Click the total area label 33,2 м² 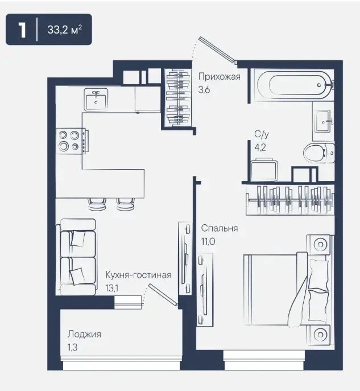tap(64, 30)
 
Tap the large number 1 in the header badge tap(22, 30)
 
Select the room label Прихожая tap(220, 77)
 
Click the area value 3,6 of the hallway tap(204, 89)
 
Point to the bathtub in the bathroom tap(295, 85)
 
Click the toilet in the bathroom tap(318, 153)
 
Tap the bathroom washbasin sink tap(324, 121)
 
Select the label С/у tap(262, 134)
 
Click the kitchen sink tap(96, 100)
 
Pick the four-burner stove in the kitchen tap(71, 141)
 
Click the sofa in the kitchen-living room tap(76, 257)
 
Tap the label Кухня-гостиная tap(138, 275)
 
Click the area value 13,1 tap(111, 288)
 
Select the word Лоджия tap(84, 335)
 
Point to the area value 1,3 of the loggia tap(72, 347)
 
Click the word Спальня tap(220, 228)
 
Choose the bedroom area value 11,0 tap(208, 241)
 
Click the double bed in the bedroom tap(287, 290)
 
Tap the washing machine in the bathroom tap(264, 169)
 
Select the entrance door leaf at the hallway tap(217, 50)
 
